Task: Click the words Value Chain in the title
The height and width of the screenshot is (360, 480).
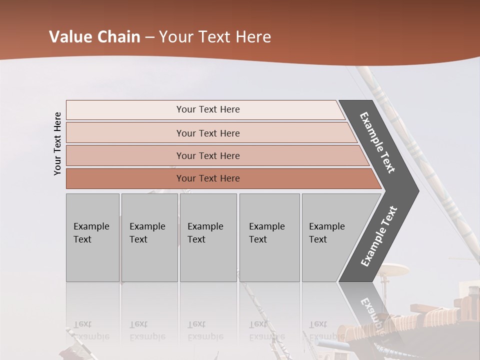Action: pyautogui.click(x=94, y=37)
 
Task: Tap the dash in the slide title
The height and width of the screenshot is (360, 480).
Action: pyautogui.click(x=149, y=37)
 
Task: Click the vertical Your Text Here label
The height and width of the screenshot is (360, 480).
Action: pyautogui.click(x=57, y=143)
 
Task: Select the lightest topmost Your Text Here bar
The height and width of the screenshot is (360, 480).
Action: pyautogui.click(x=207, y=109)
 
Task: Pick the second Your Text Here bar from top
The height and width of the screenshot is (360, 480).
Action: pyautogui.click(x=207, y=133)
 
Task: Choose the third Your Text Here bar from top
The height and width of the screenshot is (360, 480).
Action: pyautogui.click(x=207, y=155)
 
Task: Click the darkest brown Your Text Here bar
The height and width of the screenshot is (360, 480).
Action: pyautogui.click(x=207, y=178)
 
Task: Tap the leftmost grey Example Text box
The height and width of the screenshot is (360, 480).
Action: pyautogui.click(x=92, y=237)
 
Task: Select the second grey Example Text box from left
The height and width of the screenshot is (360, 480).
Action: pyautogui.click(x=149, y=237)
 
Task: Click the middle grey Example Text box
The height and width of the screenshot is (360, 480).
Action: pyautogui.click(x=208, y=237)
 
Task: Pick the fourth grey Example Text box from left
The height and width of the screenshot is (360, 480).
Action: pyautogui.click(x=269, y=237)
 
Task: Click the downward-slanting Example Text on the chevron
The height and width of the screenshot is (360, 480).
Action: pyautogui.click(x=377, y=142)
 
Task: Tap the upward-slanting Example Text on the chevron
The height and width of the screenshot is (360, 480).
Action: pyautogui.click(x=379, y=236)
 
